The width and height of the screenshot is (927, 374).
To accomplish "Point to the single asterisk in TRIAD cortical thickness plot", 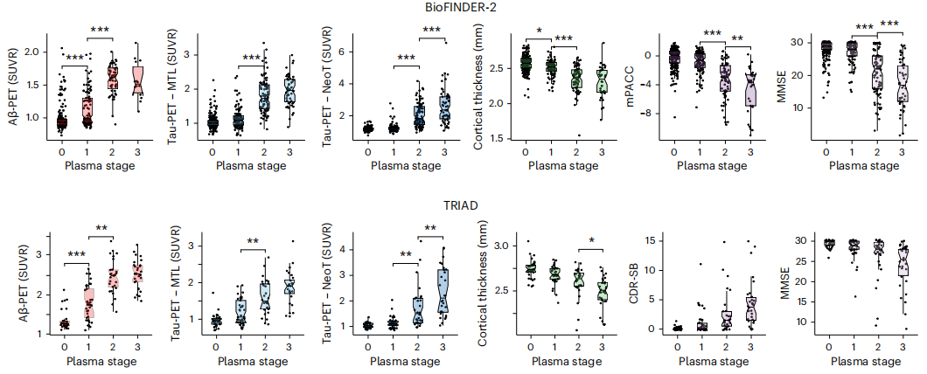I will point(592,241).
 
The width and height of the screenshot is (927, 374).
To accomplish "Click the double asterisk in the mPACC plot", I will point(737,38).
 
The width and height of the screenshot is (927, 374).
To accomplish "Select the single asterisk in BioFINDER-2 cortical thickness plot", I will point(539,30).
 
